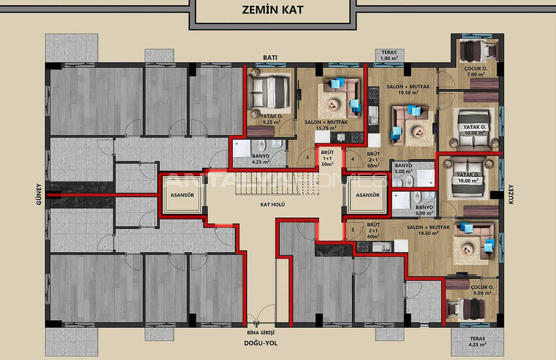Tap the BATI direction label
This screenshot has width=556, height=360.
tap(271, 58)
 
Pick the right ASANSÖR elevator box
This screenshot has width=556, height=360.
tap(365, 195)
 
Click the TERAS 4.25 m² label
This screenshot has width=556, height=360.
tap(473, 341)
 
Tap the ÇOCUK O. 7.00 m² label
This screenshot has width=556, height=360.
tap(472, 71)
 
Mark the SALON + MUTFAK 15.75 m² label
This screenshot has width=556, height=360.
tap(325, 125)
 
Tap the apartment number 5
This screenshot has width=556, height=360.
tap(353, 230)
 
